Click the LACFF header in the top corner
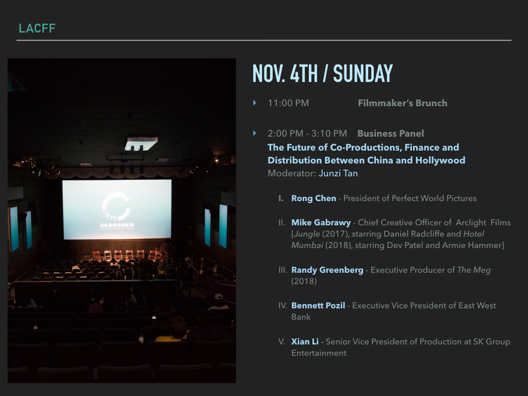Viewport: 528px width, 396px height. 37,28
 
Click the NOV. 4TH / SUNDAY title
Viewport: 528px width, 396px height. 323,73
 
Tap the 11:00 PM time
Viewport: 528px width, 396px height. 288,103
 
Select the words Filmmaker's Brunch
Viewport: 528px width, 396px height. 402,103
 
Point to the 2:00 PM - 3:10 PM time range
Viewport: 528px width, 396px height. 307,134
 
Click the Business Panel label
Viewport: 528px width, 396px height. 391,134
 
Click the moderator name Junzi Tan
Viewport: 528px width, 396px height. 338,173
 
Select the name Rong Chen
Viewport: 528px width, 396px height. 313,199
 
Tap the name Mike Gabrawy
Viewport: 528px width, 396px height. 321,223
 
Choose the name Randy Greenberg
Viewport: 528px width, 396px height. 327,270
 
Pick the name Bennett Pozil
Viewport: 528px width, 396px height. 318,305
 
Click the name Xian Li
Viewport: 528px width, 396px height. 305,341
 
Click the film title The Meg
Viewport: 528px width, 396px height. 474,270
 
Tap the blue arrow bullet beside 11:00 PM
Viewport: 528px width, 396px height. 255,103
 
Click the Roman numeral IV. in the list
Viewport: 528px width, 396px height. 283,305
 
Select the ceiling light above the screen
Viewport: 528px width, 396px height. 141,143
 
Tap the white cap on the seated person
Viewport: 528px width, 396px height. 219,296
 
